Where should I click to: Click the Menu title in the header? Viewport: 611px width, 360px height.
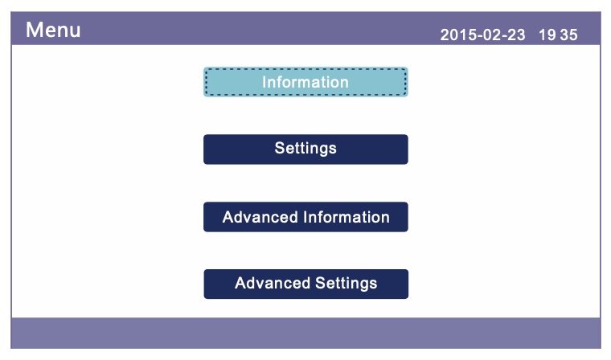(x=53, y=30)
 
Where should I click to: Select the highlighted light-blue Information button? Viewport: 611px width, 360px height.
(x=305, y=82)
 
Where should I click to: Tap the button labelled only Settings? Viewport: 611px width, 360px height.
(x=305, y=149)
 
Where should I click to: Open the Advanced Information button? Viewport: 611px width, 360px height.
(x=305, y=217)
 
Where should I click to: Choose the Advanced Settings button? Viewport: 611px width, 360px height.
(x=305, y=284)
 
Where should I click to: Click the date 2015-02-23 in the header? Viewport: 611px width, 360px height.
(x=482, y=35)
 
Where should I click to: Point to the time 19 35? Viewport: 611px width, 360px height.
(x=558, y=35)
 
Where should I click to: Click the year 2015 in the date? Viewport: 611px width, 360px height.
(x=455, y=35)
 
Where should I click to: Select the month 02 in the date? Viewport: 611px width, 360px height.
(x=488, y=35)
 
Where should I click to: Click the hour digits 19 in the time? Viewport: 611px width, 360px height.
(x=547, y=35)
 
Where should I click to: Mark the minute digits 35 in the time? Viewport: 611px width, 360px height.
(x=568, y=35)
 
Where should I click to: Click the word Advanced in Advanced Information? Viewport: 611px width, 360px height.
(x=260, y=217)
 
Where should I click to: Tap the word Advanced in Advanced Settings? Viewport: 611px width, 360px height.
(x=272, y=283)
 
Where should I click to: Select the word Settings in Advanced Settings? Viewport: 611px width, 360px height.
(x=346, y=284)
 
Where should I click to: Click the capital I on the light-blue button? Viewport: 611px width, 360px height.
(x=264, y=82)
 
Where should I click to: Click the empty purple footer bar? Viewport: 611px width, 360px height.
(x=305, y=333)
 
